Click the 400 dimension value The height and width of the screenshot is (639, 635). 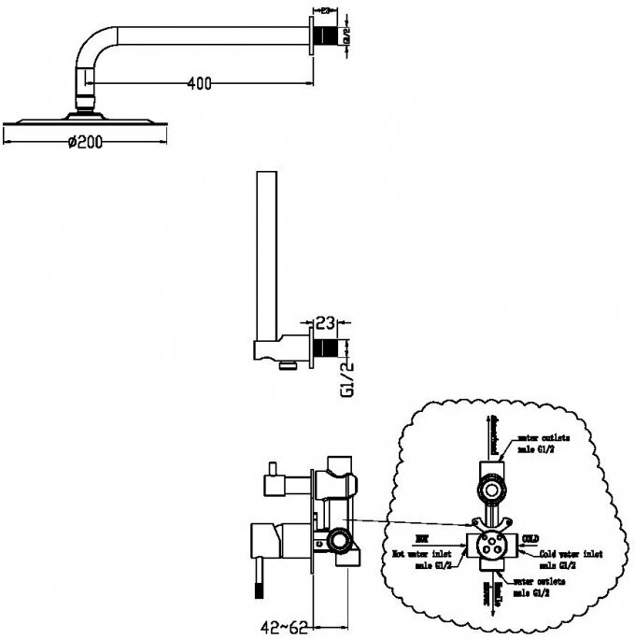(x=198, y=83)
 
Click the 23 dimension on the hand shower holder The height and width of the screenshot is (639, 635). (x=325, y=326)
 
